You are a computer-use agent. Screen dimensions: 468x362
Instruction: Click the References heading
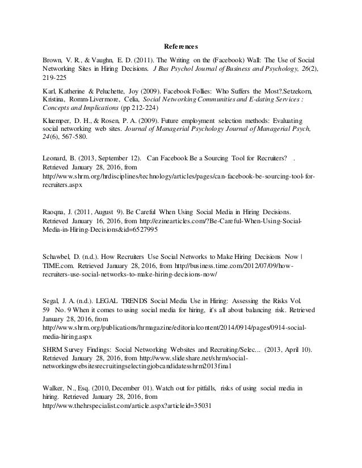(x=181, y=46)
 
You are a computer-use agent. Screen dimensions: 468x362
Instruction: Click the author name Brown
(x=54, y=59)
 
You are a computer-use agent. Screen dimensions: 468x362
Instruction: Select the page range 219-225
(x=55, y=80)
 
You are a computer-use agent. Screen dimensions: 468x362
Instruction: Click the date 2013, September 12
(x=108, y=158)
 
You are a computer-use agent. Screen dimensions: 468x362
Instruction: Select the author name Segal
(x=53, y=298)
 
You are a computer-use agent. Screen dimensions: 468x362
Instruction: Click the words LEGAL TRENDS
(x=128, y=298)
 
